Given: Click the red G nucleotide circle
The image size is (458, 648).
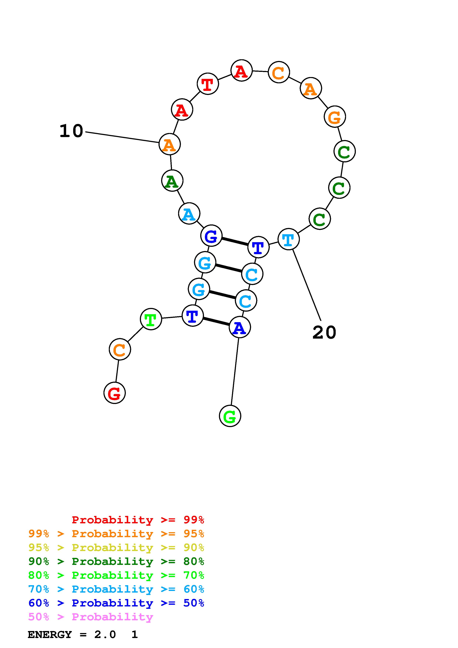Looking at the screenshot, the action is pos(115,393).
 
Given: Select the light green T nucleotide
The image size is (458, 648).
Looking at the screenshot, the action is pos(151,319).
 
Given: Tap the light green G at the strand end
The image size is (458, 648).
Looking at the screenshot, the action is pos(230,416).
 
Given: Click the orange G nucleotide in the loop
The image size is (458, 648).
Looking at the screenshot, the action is pos(335,117).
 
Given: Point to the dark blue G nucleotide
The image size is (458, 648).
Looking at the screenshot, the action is pos(211,236).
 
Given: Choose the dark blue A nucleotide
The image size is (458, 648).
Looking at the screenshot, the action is pos(240,327).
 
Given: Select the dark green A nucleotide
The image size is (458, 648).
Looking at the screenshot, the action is pos(172,181).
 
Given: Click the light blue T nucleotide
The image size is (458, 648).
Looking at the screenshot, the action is pos(288,239).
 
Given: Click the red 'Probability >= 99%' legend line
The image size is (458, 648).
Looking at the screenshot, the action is pos(138,520).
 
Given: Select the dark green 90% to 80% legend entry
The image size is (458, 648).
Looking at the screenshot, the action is pos(116,562).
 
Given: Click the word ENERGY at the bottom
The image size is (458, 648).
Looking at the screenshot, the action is pos(50,635).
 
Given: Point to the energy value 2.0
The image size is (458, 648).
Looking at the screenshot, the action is pos(105,635).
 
